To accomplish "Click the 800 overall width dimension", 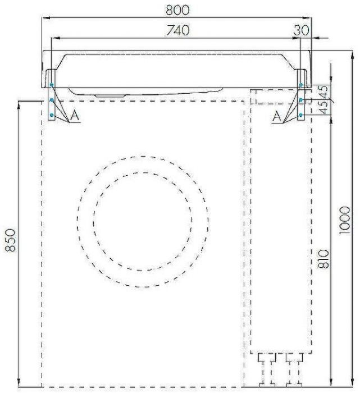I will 177,10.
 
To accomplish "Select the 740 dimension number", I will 177,30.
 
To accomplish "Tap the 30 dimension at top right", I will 301,30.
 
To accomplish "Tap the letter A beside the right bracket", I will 276,117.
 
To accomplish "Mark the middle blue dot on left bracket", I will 51,100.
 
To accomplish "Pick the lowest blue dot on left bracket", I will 51,115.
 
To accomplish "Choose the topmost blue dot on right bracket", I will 301,85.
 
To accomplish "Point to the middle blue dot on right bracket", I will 301,100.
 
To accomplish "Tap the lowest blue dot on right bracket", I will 301,115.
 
